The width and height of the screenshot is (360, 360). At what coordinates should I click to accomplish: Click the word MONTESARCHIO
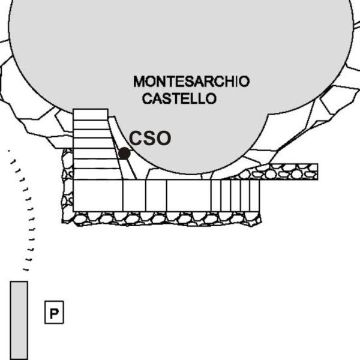coord(191,82)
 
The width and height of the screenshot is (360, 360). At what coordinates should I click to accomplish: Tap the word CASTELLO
coord(179,98)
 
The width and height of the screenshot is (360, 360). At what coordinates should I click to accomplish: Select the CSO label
coord(150,138)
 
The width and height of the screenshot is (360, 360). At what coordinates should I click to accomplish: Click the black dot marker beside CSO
coord(124,154)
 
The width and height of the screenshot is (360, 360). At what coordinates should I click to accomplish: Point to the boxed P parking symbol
coord(54,312)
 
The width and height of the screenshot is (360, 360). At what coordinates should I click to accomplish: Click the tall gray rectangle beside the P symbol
coord(19,320)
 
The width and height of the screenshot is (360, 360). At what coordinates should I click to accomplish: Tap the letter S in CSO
coord(150,138)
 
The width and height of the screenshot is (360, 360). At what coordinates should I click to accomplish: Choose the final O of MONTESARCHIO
coord(244,82)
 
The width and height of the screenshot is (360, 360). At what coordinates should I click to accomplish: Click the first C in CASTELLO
coord(147,98)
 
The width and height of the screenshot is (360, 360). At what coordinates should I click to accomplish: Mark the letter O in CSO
coord(164,138)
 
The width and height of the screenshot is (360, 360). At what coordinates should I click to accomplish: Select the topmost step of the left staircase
coord(91,115)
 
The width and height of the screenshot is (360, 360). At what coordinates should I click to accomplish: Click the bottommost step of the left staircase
coord(97,174)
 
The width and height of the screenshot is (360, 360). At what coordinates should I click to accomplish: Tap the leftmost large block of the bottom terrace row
coord(98,196)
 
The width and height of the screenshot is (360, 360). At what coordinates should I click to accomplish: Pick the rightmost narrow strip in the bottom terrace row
coord(254,196)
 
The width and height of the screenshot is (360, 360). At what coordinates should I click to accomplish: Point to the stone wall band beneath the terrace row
coord(162,218)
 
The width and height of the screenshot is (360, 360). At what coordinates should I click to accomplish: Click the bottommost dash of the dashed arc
coord(26,270)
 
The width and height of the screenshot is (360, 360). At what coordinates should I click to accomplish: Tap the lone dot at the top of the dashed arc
coord(9,151)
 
